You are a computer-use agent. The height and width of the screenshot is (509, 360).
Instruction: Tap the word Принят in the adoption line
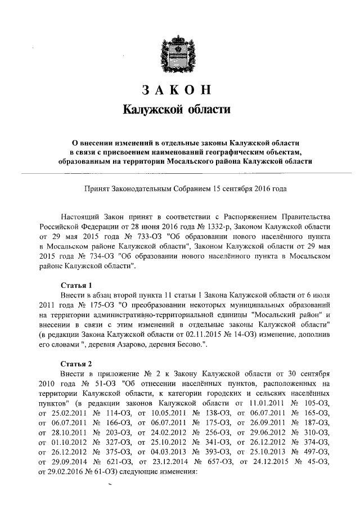(x=96, y=188)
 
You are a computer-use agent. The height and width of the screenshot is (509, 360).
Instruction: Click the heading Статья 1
(x=76, y=285)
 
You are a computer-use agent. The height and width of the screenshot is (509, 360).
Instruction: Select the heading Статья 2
(x=76, y=363)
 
